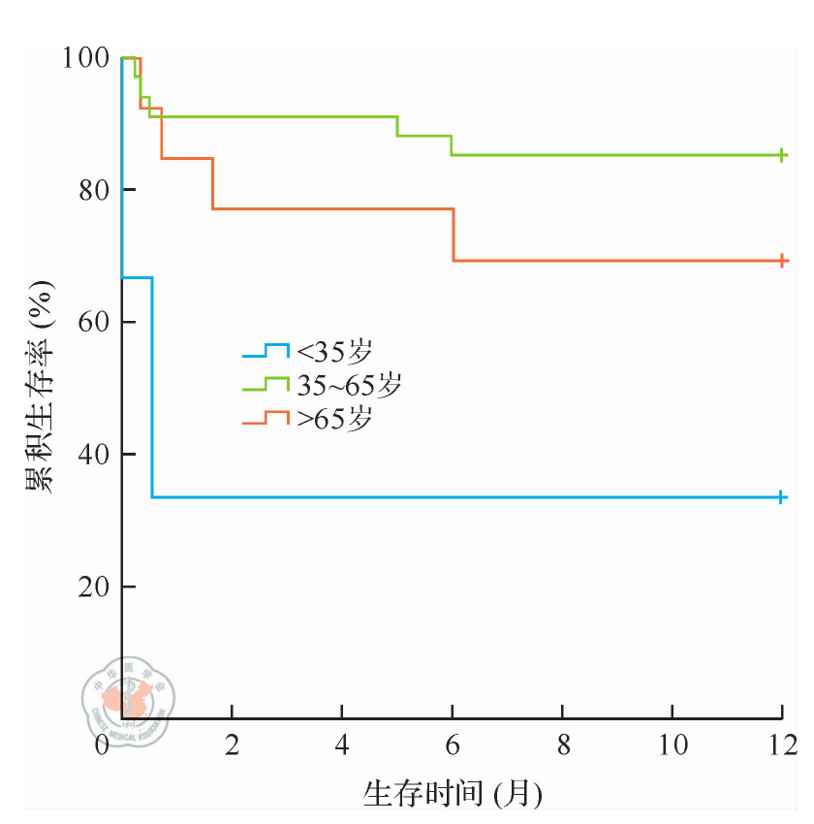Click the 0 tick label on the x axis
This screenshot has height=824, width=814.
[x=104, y=746]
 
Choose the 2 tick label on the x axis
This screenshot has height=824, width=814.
[x=232, y=746]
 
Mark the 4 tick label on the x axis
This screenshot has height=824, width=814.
[x=342, y=746]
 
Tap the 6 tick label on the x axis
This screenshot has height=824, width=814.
[x=453, y=746]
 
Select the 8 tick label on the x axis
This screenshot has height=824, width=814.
[x=563, y=746]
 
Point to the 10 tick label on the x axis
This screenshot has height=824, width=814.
[x=673, y=746]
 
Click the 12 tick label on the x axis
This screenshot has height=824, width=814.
[x=780, y=746]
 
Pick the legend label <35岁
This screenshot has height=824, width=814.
[x=334, y=351]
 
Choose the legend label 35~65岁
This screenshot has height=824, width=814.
[x=349, y=386]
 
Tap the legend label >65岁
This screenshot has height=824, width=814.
[x=334, y=421]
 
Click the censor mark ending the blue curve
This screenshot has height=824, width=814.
[x=781, y=497]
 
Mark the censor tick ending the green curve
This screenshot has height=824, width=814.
[x=781, y=155]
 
